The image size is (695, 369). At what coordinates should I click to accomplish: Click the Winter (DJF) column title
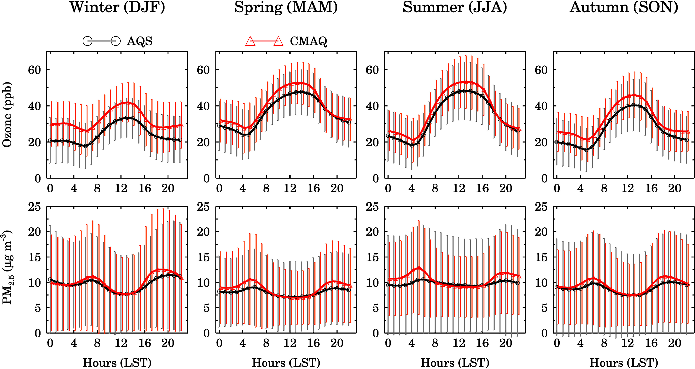117,7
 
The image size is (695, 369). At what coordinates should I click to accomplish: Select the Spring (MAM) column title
286,7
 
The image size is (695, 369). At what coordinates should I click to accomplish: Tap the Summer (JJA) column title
455,7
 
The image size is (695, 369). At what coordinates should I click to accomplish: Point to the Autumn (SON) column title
624,7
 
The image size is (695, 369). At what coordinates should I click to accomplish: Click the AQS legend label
140,41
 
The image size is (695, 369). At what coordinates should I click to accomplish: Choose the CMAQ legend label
308,41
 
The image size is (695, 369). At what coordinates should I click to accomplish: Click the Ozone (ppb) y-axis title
7,115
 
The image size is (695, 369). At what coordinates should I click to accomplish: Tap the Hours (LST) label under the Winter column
117,363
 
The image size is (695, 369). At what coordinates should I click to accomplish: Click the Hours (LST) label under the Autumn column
624,363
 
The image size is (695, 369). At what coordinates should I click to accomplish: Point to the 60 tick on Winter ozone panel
34,70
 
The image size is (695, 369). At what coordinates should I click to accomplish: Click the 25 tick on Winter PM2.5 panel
34,207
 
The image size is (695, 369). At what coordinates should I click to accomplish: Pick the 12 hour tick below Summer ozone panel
459,188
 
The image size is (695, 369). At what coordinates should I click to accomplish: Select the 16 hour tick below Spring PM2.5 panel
313,343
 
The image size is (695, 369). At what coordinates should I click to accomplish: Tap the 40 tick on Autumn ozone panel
541,106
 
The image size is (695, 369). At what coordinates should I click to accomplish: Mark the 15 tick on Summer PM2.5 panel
372,257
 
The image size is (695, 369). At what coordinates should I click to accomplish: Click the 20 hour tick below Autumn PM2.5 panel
674,343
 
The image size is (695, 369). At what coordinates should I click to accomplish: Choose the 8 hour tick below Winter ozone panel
97,188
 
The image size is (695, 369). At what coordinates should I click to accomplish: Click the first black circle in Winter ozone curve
50,141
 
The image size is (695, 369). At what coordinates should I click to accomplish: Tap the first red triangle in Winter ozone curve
51,124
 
